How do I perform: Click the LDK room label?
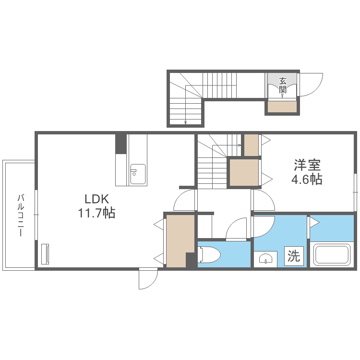point(96,199)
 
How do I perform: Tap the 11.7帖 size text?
point(96,213)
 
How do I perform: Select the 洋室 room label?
point(307,165)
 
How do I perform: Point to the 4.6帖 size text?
point(307,180)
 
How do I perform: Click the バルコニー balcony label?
point(21,215)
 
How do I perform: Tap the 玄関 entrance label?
point(283,85)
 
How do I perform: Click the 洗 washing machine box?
point(294,256)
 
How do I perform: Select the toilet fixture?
point(209,254)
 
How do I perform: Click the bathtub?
point(332,254)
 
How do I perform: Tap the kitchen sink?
point(138,174)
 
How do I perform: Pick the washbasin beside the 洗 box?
point(265,259)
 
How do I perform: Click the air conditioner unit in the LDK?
point(45,254)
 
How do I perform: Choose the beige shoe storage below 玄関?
point(282,107)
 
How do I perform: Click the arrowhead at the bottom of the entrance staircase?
point(185,122)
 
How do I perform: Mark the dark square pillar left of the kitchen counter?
point(121,144)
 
